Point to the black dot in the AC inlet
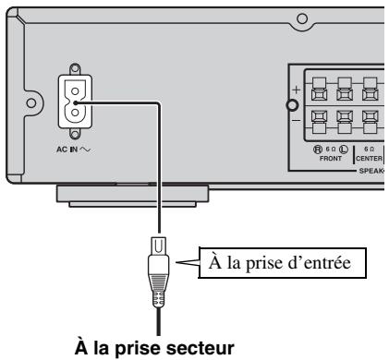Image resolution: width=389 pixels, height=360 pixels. (77, 102)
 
